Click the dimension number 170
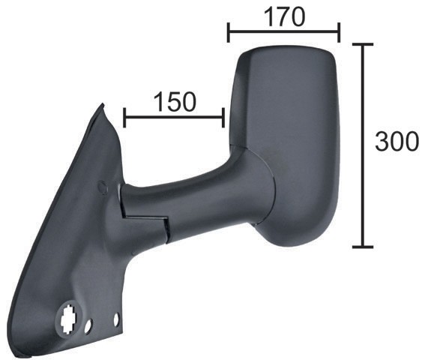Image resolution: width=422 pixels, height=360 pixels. click(285, 16)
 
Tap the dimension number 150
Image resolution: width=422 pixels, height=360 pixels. click(175, 102)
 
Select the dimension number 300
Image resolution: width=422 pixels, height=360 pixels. click(397, 141)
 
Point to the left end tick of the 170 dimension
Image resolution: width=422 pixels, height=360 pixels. click(229, 32)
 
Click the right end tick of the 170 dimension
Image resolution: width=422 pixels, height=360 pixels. click(339, 32)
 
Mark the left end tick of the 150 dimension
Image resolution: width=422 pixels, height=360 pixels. click(124, 118)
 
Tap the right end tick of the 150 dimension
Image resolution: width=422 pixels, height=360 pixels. click(223, 118)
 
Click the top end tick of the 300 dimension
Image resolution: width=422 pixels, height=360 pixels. click(363, 44)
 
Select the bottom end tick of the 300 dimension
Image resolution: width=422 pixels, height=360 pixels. click(363, 246)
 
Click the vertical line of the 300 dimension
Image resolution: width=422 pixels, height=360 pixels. click(363, 145)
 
